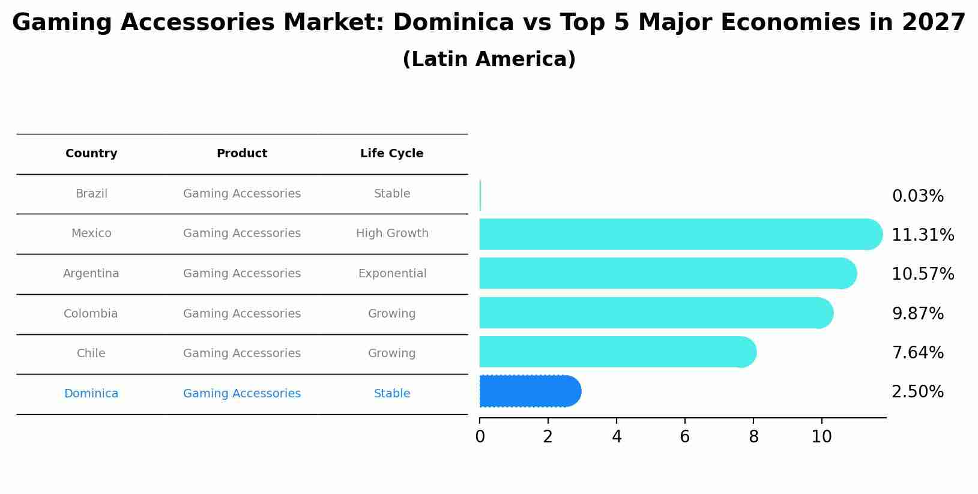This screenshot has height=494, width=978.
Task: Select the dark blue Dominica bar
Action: [528, 391]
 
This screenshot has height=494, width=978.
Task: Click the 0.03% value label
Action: [917, 196]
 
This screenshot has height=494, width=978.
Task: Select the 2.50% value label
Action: [917, 392]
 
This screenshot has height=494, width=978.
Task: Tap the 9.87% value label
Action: [917, 314]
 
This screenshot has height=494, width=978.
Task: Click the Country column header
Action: [91, 154]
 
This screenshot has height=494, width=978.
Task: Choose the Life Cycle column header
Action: [391, 154]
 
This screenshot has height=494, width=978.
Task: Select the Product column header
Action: [241, 154]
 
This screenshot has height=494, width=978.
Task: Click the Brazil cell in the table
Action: [91, 194]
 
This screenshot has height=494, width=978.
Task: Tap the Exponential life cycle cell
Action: [392, 274]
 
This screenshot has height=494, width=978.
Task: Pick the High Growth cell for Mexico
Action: [392, 233]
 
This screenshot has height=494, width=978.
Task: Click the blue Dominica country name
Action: [91, 394]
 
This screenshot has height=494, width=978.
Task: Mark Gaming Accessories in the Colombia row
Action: [241, 314]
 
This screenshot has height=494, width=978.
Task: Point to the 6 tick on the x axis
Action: [684, 437]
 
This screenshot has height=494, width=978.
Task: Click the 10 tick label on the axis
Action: [821, 437]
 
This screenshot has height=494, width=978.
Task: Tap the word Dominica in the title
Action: [454, 23]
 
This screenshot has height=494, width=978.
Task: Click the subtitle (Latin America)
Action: [489, 59]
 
